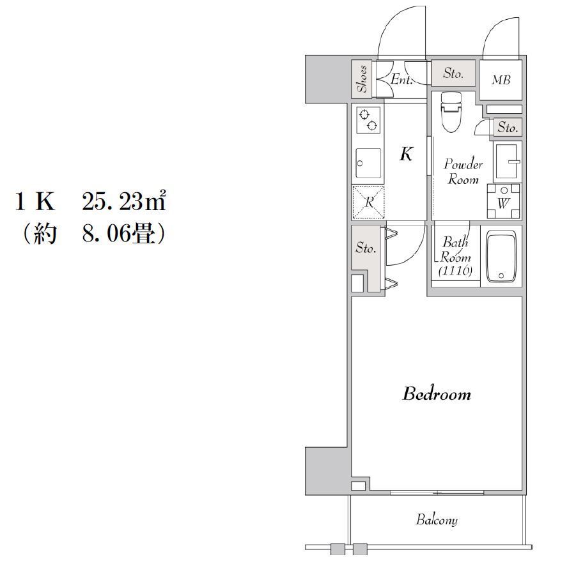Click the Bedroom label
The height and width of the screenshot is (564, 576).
pos(437,393)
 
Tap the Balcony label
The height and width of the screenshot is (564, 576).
pos(437,519)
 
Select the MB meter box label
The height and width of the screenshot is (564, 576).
pos(501,80)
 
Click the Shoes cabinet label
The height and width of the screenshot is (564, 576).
pos(362,79)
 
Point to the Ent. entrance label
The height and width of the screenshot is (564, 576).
pos(401,79)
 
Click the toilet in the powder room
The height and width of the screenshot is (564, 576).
pos(451,112)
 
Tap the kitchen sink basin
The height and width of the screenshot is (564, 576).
pos(368,163)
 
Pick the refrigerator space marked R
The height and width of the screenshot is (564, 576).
pos(368,202)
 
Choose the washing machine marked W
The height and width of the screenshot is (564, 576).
pos(504,201)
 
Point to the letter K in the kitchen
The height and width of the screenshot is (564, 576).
pos(407,154)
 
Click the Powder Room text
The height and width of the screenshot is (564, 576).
pos(463,171)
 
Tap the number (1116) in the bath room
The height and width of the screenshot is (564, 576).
pos(456,271)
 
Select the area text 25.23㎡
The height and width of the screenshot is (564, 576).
pos(124,201)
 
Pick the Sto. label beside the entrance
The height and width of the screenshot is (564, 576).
pos(453,73)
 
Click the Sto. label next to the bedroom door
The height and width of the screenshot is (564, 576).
pos(366,248)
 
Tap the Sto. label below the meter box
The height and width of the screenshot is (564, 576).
pos(508,128)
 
